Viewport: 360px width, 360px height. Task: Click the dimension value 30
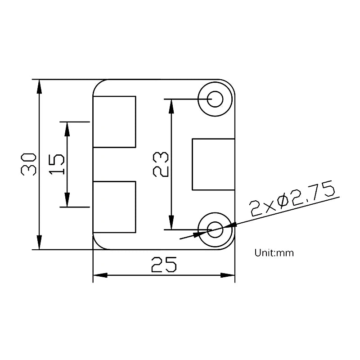(28, 164)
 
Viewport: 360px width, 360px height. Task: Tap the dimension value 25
(163, 265)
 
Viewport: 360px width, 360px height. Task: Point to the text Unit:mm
(274, 253)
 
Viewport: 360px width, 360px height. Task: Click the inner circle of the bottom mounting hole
(216, 229)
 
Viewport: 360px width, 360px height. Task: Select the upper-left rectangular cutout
(114, 121)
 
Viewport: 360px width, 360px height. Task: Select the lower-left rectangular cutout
(114, 207)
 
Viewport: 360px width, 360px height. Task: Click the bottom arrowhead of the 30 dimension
(40, 243)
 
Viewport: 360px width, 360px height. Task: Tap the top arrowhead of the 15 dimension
(67, 129)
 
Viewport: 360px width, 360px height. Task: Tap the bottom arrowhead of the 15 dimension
(67, 200)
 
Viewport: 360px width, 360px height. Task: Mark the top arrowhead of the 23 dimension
(171, 106)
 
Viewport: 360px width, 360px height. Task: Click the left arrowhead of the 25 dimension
(100, 275)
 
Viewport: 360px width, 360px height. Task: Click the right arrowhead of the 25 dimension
(228, 275)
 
